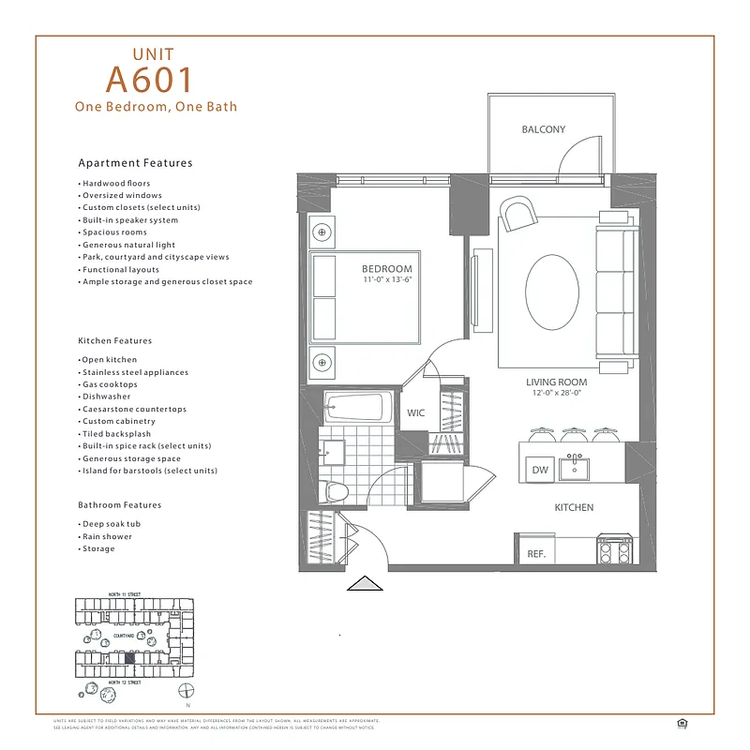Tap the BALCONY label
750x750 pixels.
point(544,129)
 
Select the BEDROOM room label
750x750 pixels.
point(388,268)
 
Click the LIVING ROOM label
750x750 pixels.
point(556,382)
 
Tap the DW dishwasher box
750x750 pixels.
point(539,470)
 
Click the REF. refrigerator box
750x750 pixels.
point(536,554)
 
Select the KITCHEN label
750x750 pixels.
point(574,507)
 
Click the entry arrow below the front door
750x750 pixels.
point(366,585)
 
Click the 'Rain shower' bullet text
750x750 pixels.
point(107,536)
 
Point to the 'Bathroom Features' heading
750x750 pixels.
point(119,505)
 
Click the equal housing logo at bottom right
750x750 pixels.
point(680,722)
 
